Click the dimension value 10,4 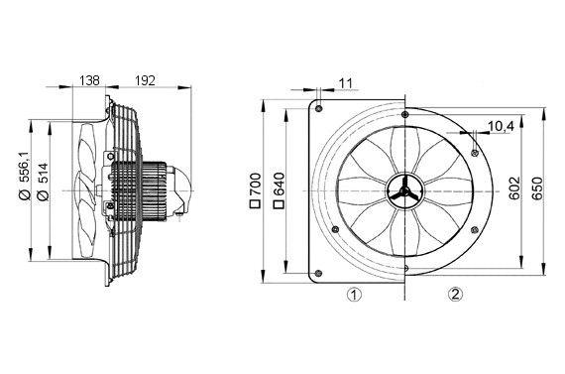pyautogui.click(x=502, y=125)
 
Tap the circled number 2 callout pyautogui.click(x=454, y=295)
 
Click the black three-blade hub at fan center pyautogui.click(x=404, y=188)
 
